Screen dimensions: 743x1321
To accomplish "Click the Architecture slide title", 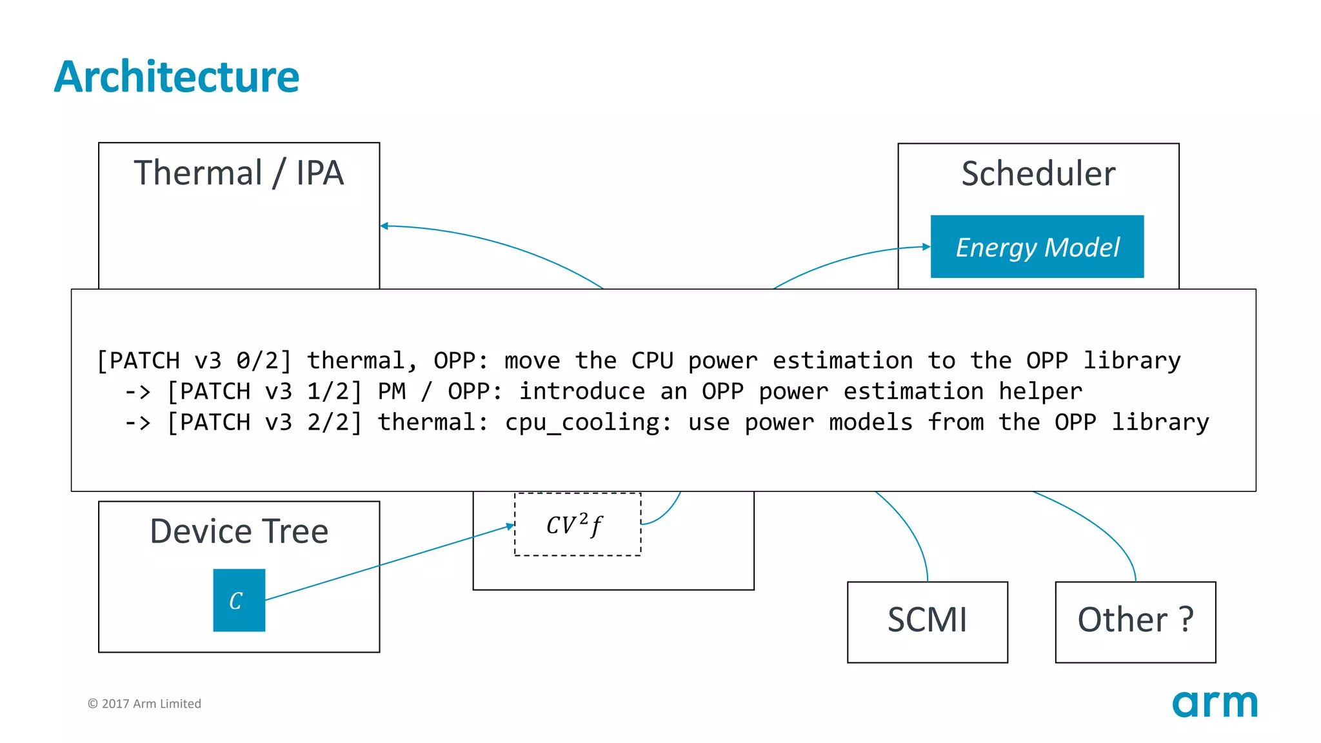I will (176, 77).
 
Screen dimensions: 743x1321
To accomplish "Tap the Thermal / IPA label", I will (239, 173).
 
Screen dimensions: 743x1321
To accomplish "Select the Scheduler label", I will (1038, 173).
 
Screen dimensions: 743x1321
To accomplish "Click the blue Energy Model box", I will (1037, 246).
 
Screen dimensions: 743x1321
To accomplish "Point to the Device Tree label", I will (239, 531).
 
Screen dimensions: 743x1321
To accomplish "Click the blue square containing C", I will (239, 600).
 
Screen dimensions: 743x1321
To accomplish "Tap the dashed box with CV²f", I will (577, 524).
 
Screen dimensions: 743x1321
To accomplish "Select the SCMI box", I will (927, 622).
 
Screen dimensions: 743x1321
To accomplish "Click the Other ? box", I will (1135, 622).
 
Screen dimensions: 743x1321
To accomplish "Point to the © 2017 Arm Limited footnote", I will (144, 704).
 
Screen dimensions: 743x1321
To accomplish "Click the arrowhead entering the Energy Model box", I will (927, 246).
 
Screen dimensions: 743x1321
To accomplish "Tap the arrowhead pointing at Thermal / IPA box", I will (384, 226).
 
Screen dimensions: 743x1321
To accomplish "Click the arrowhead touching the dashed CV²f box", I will (510, 526).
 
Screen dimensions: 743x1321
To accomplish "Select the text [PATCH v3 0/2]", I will (194, 361).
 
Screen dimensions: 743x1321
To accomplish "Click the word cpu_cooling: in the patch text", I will (588, 422).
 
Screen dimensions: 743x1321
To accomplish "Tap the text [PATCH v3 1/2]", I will (264, 391).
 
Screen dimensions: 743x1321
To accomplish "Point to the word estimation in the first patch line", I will (842, 361).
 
